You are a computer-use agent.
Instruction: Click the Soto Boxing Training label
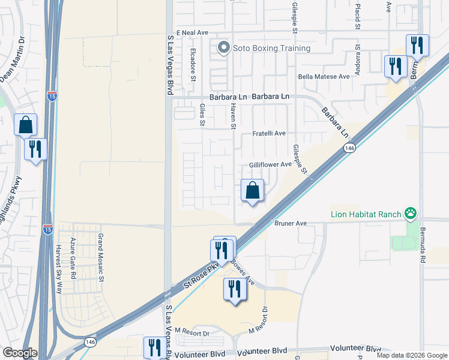click(x=272, y=48)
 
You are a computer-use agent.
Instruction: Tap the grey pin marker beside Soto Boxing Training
click(x=224, y=47)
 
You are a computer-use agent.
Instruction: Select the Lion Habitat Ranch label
click(x=367, y=213)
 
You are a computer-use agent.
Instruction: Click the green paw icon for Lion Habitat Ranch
click(x=411, y=212)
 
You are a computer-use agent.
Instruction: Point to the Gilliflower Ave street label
click(x=270, y=164)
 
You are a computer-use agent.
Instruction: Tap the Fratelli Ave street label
click(x=268, y=133)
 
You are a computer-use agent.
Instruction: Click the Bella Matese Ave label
click(x=324, y=77)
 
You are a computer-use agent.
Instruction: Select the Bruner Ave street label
click(x=291, y=223)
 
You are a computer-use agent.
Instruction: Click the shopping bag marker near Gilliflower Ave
click(x=253, y=191)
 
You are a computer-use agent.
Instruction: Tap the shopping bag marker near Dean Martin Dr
click(x=26, y=125)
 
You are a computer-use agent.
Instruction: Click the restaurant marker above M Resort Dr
click(x=235, y=290)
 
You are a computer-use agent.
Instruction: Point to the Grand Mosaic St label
click(x=101, y=258)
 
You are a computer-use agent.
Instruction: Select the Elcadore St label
click(x=193, y=64)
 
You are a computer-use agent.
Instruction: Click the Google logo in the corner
click(x=20, y=353)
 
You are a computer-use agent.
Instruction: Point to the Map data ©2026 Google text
click(x=412, y=355)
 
